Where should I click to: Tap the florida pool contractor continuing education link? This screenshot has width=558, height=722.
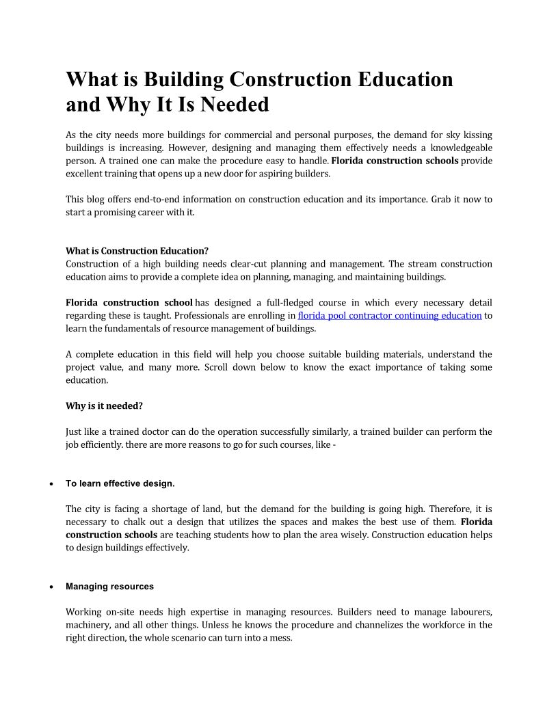(x=390, y=315)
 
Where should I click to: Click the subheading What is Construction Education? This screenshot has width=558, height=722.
(x=137, y=251)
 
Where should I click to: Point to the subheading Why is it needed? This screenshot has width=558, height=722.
(x=104, y=405)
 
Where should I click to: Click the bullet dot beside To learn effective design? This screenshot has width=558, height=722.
(x=52, y=484)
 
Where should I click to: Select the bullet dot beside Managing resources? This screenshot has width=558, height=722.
(x=52, y=587)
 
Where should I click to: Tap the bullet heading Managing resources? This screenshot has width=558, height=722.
(x=109, y=587)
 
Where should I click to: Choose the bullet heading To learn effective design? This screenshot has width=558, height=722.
(x=120, y=483)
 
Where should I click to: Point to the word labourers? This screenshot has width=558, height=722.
(x=470, y=611)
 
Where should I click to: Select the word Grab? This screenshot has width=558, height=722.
(x=443, y=200)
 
